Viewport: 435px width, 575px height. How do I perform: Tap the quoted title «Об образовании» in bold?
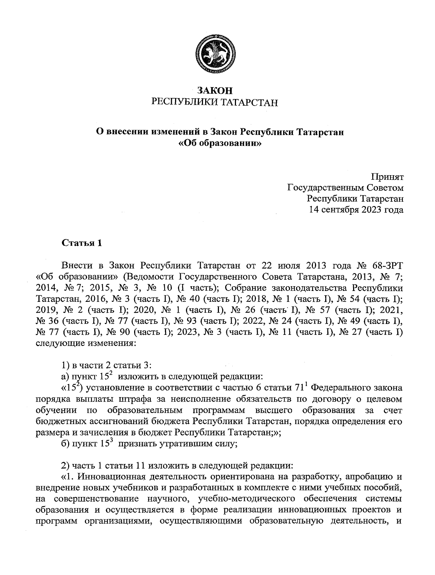tap(220, 143)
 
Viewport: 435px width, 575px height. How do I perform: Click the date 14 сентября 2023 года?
tap(356, 209)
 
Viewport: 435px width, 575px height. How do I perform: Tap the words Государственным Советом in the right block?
tap(345, 188)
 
